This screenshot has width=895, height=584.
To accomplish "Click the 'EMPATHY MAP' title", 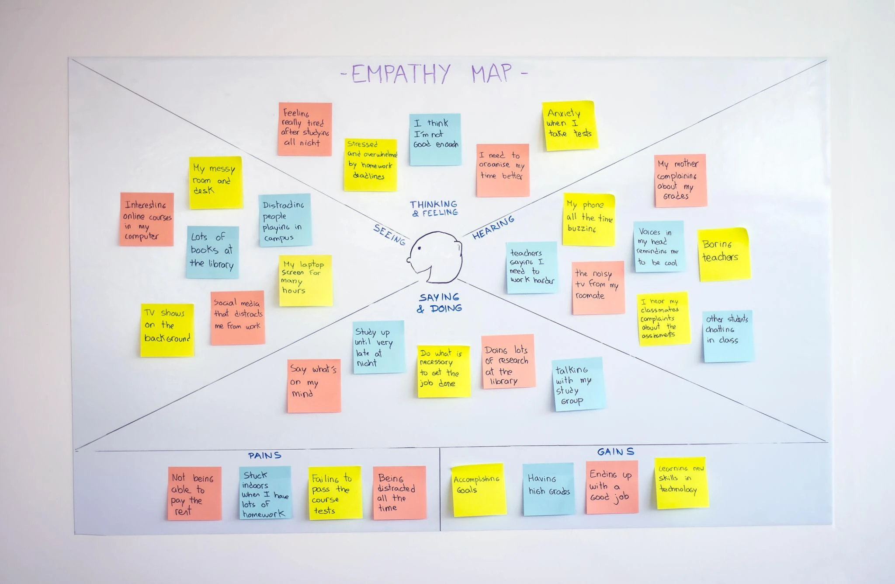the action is (x=434, y=73).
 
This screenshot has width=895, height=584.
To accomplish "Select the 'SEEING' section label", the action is (x=389, y=234).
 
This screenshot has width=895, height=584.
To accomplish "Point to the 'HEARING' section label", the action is (x=493, y=227).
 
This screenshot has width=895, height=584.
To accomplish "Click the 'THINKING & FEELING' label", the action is (x=434, y=208).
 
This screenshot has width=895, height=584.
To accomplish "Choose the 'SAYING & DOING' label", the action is (x=439, y=303).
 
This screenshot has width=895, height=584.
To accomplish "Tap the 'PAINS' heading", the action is (x=264, y=455).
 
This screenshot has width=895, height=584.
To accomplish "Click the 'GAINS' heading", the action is (x=615, y=451).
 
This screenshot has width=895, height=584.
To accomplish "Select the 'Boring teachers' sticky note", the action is (x=724, y=254).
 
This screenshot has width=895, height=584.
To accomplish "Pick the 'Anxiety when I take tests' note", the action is (x=570, y=126).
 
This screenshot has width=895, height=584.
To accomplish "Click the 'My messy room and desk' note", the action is (x=216, y=182).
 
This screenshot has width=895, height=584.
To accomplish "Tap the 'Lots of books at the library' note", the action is (x=212, y=252).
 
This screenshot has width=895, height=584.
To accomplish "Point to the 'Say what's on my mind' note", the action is (x=314, y=386).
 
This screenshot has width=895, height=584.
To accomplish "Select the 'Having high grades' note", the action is (x=548, y=489).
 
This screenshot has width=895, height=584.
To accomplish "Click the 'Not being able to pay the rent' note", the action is (x=194, y=493).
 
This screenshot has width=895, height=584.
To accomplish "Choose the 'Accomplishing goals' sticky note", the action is (x=478, y=490).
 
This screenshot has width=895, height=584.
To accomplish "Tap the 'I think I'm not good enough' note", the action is (x=435, y=140).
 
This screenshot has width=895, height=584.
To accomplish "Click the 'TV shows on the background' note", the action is (x=167, y=330).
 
